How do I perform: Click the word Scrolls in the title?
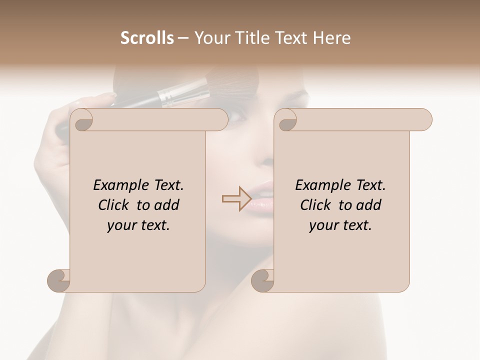(x=147, y=38)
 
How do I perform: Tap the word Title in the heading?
(x=248, y=38)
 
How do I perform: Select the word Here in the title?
(x=331, y=38)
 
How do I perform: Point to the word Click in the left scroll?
(x=115, y=205)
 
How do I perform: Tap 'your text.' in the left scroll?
(x=138, y=225)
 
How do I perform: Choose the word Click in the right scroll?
(x=317, y=205)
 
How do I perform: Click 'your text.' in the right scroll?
(x=340, y=225)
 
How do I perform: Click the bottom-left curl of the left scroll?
(x=59, y=280)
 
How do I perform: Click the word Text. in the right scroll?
(x=370, y=185)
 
